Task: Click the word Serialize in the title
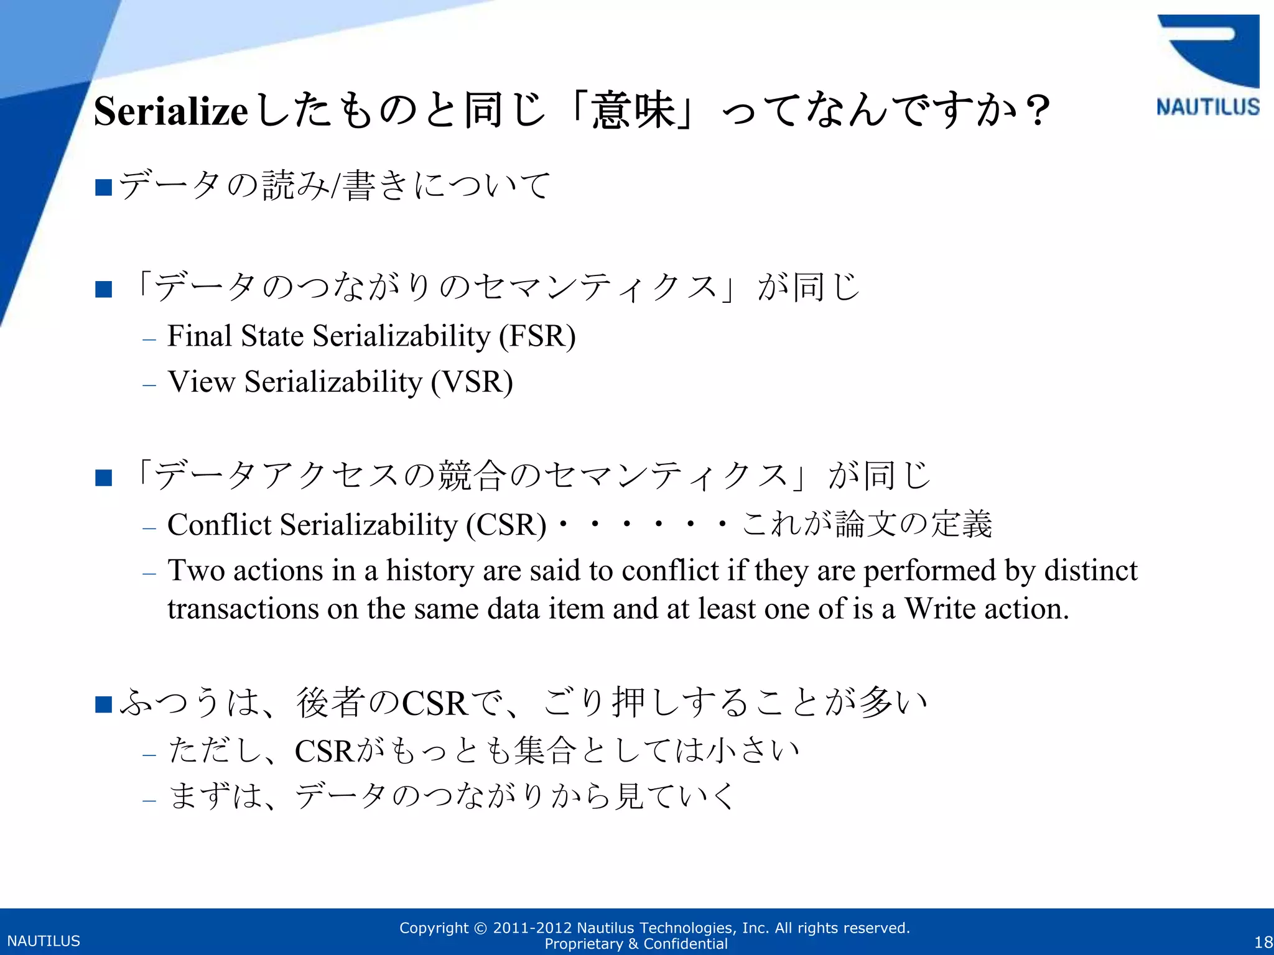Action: coord(171,111)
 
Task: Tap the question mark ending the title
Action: coord(1037,111)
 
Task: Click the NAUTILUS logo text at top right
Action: coord(1207,107)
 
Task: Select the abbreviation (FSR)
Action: coord(537,336)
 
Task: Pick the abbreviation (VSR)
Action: coord(472,382)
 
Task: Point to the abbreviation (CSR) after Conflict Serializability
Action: coord(506,525)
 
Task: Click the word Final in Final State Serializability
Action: coord(200,336)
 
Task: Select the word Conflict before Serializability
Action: coord(220,525)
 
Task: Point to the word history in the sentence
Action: coord(430,571)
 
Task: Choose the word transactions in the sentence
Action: coord(243,609)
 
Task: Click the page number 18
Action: coord(1263,942)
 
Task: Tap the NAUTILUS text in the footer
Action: coord(44,941)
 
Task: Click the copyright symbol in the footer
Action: coord(480,928)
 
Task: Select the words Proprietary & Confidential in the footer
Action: coord(636,944)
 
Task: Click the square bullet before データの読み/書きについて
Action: coord(103,187)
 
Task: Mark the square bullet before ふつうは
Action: coord(103,704)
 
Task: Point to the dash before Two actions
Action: coord(149,573)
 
